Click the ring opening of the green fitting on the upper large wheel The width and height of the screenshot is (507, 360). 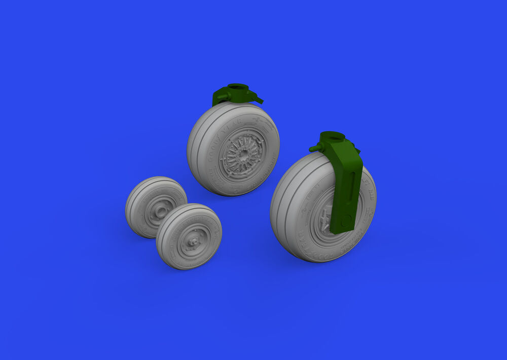pyautogui.click(x=236, y=88)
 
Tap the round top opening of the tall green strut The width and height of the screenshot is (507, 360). pyautogui.click(x=332, y=136)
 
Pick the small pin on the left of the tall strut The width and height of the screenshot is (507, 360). pyautogui.click(x=314, y=148)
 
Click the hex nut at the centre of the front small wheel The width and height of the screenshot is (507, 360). pyautogui.click(x=192, y=242)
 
